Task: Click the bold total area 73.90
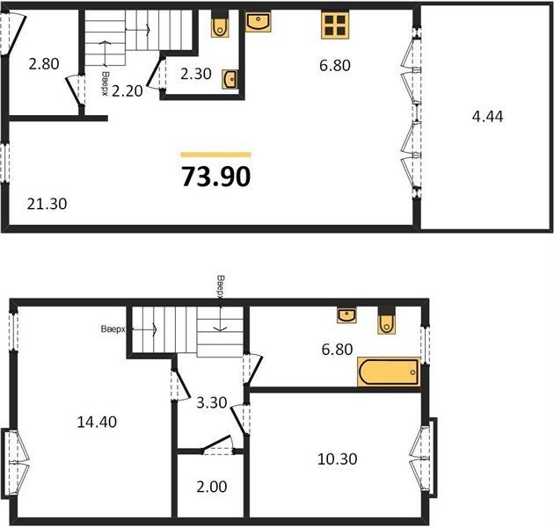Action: [x=215, y=177]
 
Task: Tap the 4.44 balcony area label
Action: [x=487, y=116]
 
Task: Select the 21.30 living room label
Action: [x=47, y=204]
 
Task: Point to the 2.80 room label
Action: [x=44, y=64]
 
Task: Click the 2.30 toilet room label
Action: [x=196, y=74]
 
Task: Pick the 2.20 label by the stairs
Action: [x=128, y=90]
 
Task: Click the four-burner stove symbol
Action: [x=335, y=25]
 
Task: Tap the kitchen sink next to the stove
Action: [x=258, y=22]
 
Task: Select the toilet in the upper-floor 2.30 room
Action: [x=220, y=24]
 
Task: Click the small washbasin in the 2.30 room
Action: [x=230, y=79]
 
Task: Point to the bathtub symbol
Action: [x=389, y=372]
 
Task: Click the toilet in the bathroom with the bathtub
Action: [x=386, y=321]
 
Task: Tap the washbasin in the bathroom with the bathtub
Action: [x=346, y=315]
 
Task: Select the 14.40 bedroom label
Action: [x=97, y=422]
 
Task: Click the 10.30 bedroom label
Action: [x=338, y=458]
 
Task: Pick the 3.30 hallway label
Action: [x=212, y=402]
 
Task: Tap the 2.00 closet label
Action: [x=212, y=487]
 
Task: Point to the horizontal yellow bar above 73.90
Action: [x=215, y=155]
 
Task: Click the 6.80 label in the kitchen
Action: [x=335, y=65]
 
